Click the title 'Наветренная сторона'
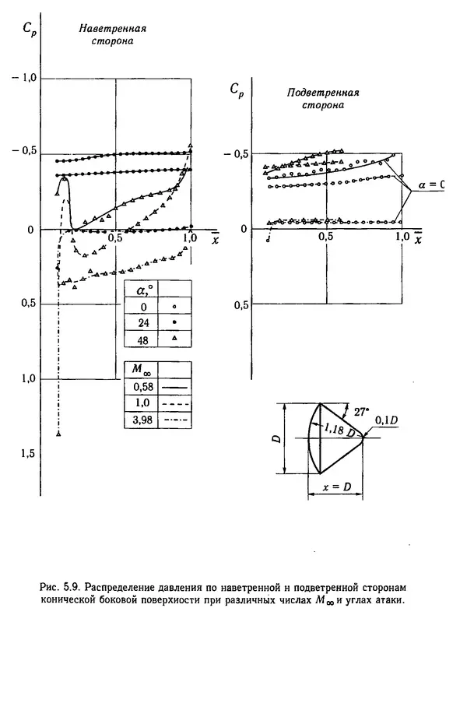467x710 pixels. (113, 35)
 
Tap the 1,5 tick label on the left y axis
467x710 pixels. (28, 453)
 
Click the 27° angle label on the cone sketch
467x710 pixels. (359, 413)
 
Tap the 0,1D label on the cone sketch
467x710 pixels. (386, 420)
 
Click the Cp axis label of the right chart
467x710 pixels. (237, 90)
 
